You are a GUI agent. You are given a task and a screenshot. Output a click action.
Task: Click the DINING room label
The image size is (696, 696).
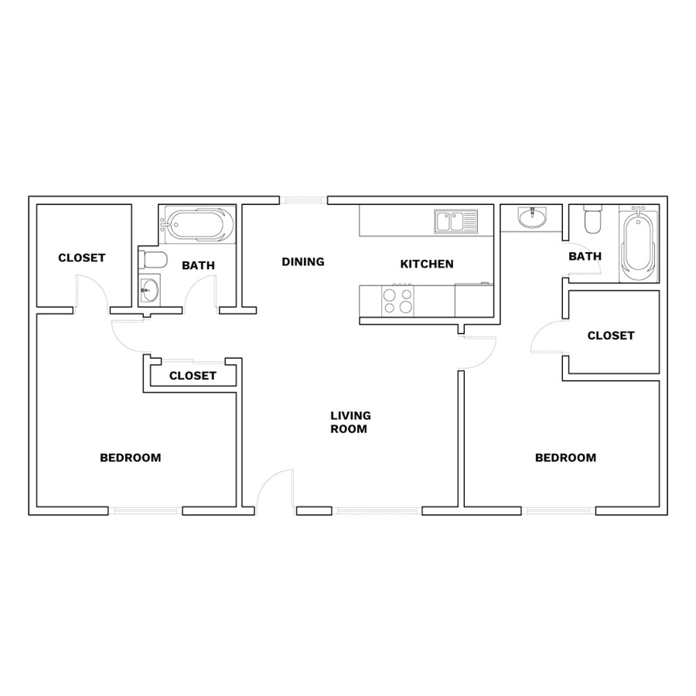point(303,262)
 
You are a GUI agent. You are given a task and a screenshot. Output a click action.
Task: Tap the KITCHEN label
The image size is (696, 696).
point(427,264)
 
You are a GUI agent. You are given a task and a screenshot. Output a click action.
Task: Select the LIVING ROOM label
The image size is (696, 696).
point(350,422)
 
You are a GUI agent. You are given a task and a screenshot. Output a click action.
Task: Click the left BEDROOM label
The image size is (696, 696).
point(131,458)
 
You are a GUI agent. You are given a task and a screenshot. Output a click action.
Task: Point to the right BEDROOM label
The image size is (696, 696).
point(565,458)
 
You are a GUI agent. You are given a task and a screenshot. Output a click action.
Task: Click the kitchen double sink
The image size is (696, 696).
point(455,221)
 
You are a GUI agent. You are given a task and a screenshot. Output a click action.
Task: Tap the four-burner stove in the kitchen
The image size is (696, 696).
point(397,301)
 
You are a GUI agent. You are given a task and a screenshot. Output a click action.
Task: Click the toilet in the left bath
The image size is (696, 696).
point(152,260)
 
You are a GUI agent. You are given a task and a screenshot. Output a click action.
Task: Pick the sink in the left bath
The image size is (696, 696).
point(149,290)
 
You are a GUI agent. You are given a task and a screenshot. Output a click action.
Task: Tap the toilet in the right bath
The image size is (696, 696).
point(592,219)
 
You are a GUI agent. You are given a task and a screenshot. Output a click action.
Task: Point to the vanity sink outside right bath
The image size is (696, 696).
point(533,217)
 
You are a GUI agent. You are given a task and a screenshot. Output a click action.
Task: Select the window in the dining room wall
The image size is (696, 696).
point(304,200)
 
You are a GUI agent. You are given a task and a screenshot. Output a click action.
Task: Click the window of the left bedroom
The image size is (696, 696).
point(145,511)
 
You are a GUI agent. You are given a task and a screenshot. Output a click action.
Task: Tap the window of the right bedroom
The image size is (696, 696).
point(558,511)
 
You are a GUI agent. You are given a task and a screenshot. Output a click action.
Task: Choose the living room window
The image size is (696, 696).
point(377,511)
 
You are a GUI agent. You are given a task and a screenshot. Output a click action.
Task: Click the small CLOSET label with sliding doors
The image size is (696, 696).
point(193,376)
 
